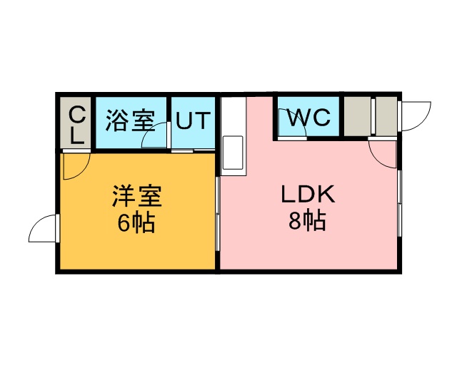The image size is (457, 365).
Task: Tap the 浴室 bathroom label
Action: [x=130, y=120]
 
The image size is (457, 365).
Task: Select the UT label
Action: [x=194, y=120]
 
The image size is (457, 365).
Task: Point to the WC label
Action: [x=309, y=116]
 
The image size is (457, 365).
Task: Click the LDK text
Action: [x=307, y=193]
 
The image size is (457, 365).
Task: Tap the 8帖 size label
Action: [x=307, y=220]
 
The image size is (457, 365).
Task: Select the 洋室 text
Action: [x=136, y=195]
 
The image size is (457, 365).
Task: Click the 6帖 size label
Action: [x=136, y=223]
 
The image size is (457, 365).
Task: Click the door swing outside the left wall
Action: [x=43, y=229]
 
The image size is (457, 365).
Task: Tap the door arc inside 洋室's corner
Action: [x=74, y=166]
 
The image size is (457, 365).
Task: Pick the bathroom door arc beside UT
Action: [x=156, y=136]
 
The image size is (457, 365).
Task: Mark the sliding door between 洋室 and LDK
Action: [x=216, y=214]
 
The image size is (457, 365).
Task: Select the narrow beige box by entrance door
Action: [x=386, y=116]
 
